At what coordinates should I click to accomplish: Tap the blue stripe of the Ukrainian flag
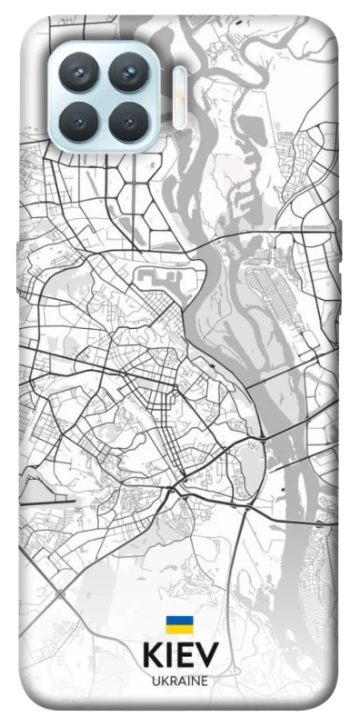pos(179,621)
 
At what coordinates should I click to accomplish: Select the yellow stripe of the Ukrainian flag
pos(179,629)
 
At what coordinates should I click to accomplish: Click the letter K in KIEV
pos(152,655)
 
